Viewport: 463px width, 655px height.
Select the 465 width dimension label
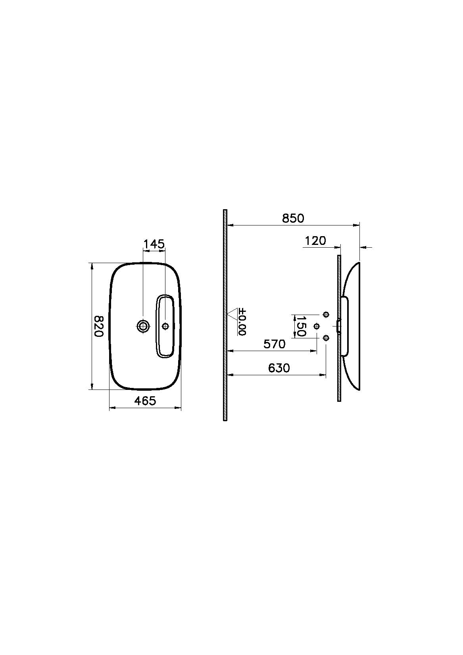coord(145,401)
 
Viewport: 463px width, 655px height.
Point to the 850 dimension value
coord(293,218)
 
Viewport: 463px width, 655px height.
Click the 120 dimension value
coord(315,241)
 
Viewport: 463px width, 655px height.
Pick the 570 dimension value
coord(275,344)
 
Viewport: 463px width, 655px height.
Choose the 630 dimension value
coord(279,368)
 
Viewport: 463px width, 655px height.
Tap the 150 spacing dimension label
coord(301,326)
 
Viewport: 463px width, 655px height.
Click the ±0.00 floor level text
coord(242,322)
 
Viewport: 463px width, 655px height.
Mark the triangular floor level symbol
coord(234,313)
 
